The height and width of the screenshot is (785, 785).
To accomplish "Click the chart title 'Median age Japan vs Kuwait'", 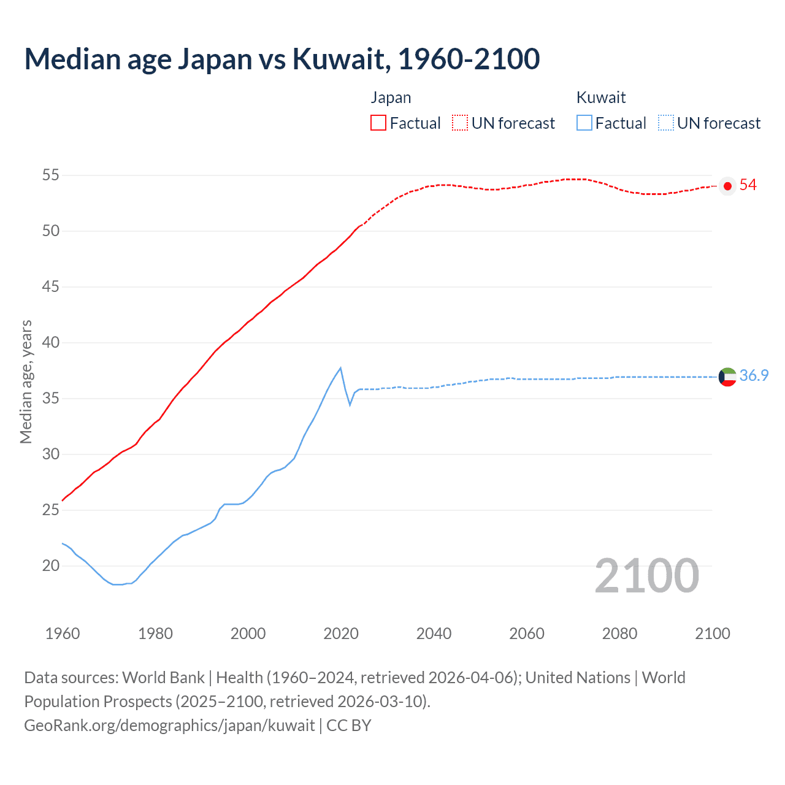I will coord(281,59).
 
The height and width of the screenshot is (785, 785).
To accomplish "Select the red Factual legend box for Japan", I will coord(378,123).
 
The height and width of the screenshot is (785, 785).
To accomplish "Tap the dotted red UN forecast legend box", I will coord(460,123).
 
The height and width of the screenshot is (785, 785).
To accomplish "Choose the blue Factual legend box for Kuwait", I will coord(584,123).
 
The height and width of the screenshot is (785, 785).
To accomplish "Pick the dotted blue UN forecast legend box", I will coord(665,123).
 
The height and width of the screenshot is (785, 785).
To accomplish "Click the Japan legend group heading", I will coord(391,98).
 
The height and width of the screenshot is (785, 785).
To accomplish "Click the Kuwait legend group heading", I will coord(601,98).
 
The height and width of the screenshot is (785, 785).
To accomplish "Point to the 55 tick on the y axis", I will coord(50,175).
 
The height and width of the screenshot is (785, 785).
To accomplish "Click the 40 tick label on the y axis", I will coord(50,343).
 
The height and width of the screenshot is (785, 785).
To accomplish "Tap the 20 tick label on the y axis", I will coord(50,565).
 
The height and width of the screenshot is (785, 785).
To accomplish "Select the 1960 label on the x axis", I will coord(63,634).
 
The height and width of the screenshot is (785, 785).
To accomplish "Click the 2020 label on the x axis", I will coord(341,634).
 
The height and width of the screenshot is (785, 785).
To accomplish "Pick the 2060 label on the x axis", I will coord(527,634).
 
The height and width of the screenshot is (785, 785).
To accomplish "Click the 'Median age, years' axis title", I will coord(26,381).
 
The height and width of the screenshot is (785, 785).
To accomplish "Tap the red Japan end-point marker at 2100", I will coord(727,186).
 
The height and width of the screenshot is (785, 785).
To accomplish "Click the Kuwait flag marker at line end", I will coord(727,377).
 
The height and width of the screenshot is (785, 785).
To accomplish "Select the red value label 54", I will coord(748,185).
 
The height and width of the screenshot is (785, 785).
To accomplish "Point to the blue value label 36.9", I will coord(754,375).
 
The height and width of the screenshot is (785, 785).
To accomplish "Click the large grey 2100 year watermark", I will coord(646,576).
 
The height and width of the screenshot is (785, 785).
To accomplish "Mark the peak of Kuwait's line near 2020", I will coord(340,368).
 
